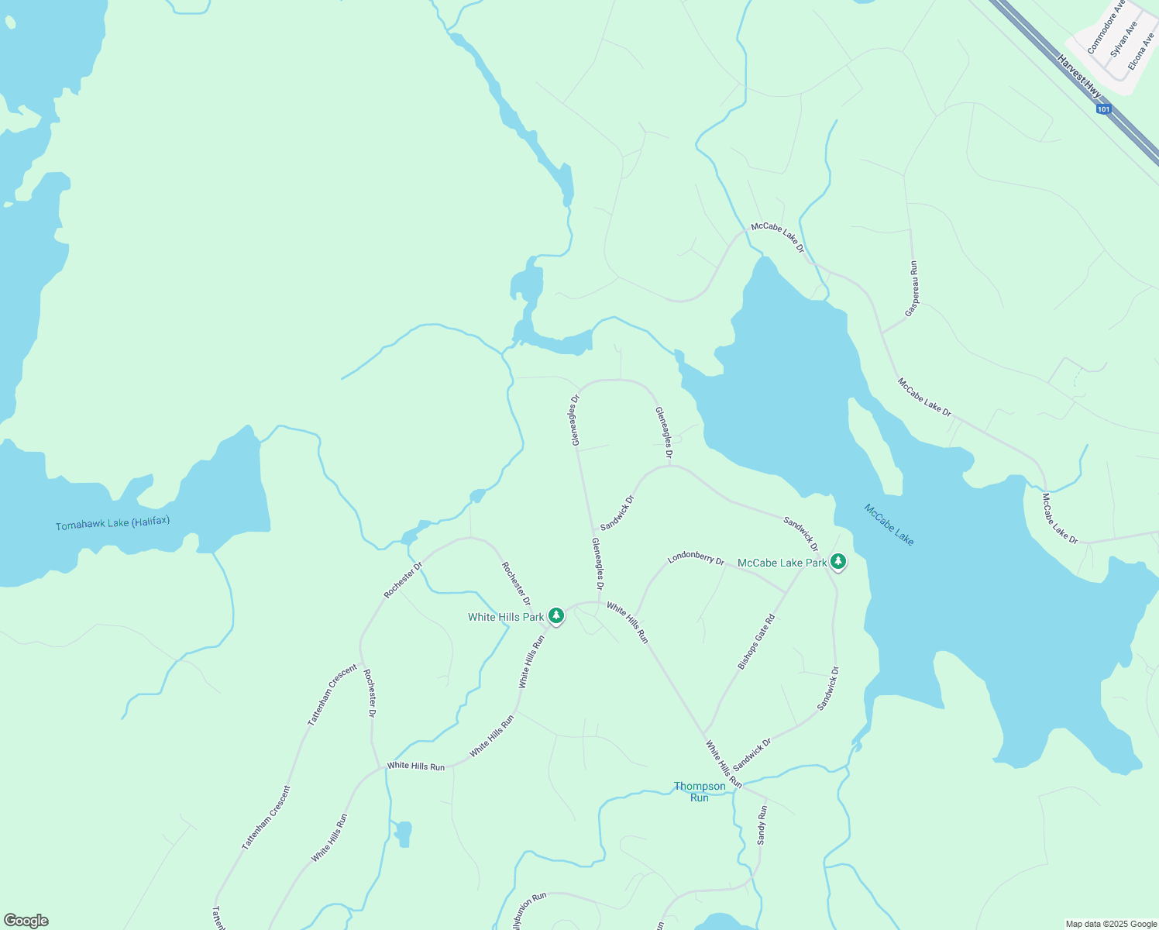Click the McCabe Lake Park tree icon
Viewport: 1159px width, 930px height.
(837, 561)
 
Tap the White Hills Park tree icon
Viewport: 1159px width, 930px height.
(555, 616)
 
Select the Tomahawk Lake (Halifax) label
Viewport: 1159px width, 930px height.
(112, 524)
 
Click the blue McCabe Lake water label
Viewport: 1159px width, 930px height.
(889, 525)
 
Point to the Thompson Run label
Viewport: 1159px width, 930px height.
(700, 791)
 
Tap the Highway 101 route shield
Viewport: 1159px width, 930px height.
(1104, 109)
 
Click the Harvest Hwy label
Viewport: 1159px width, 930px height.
(1079, 76)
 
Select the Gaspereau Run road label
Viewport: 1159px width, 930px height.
(912, 288)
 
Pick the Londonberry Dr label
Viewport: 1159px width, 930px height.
(696, 558)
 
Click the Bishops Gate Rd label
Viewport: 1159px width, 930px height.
(756, 642)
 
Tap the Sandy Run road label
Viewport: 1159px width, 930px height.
(762, 825)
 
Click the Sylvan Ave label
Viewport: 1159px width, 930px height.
(1124, 39)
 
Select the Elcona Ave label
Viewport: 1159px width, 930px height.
(1141, 51)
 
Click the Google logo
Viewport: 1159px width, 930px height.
(26, 921)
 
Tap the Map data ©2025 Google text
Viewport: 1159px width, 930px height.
(1110, 924)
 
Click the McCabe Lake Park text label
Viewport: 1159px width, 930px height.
(782, 563)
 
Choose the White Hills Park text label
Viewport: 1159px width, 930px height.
(506, 617)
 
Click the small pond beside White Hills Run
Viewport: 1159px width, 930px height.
(403, 834)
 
